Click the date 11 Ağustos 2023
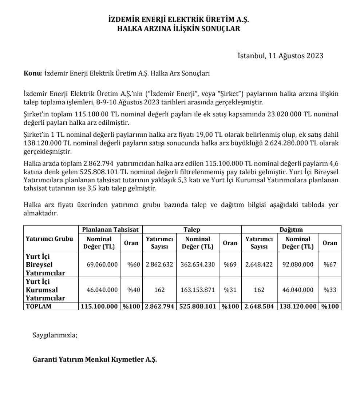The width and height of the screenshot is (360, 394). pyautogui.click(x=295, y=56)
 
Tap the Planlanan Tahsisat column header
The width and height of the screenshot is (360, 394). pyautogui.click(x=110, y=230)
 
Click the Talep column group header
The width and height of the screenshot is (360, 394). pyautogui.click(x=191, y=230)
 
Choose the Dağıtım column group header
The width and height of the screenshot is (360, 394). pyautogui.click(x=291, y=230)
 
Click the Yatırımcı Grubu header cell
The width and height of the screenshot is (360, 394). pyautogui.click(x=50, y=239)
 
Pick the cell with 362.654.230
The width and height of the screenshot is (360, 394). pyautogui.click(x=198, y=264)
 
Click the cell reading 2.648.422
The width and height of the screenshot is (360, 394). pyautogui.click(x=259, y=264)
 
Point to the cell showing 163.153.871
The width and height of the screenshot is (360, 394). pyautogui.click(x=198, y=290)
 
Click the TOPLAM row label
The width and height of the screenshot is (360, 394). pyautogui.click(x=39, y=306)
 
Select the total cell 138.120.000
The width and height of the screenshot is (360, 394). pyautogui.click(x=298, y=306)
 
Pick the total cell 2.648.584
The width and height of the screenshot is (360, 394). pyautogui.click(x=259, y=306)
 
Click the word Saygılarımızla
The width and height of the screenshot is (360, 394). pyautogui.click(x=55, y=335)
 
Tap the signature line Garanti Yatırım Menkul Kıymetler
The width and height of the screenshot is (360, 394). pyautogui.click(x=95, y=359)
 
